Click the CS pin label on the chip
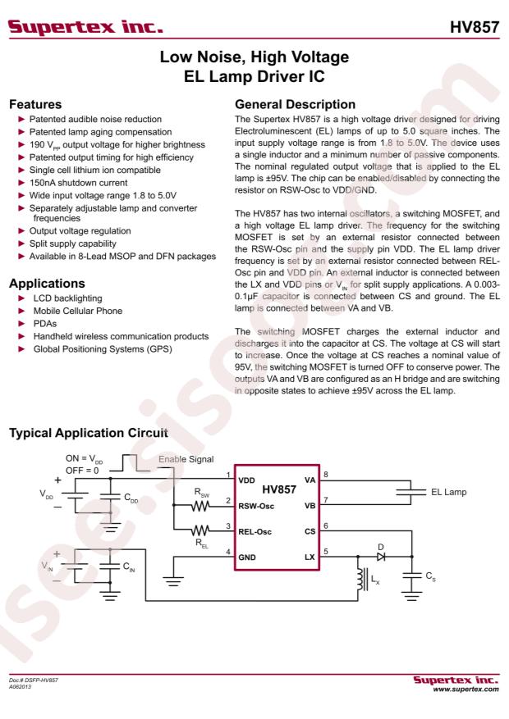pyautogui.click(x=310, y=531)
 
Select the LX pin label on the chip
pyautogui.click(x=310, y=557)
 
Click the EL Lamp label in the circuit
pyautogui.click(x=450, y=493)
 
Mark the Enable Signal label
pyautogui.click(x=183, y=464)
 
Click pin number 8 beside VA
pyautogui.click(x=325, y=474)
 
